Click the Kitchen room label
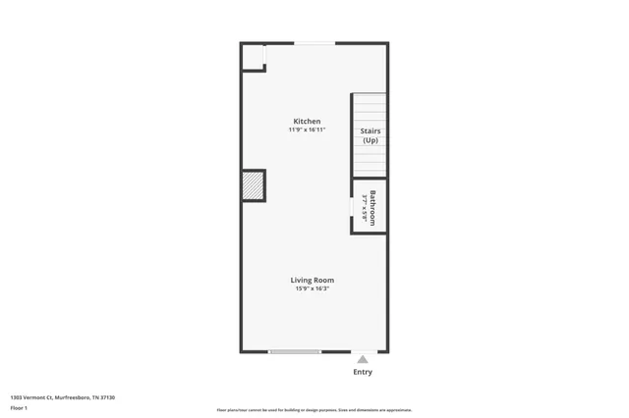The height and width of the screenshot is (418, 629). pos(307,122)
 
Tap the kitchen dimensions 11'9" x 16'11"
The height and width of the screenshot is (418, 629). pos(307,130)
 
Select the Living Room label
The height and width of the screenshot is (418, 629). pos(312,281)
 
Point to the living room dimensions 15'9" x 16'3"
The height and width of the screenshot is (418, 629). pos(312,288)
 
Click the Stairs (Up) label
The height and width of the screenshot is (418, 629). pos(370,135)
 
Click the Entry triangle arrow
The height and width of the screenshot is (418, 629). pos(363,359)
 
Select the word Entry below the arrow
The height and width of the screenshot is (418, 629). pos(363,372)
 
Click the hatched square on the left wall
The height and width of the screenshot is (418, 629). pos(254,185)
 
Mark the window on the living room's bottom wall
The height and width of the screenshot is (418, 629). pos(295,351)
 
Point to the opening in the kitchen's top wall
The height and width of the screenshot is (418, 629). pos(314,43)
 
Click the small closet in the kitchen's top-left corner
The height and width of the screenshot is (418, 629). pos(253,58)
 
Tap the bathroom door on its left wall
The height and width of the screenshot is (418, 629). pos(353,208)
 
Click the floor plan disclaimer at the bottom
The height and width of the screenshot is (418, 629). pos(314,410)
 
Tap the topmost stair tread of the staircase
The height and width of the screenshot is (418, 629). pos(370,97)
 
